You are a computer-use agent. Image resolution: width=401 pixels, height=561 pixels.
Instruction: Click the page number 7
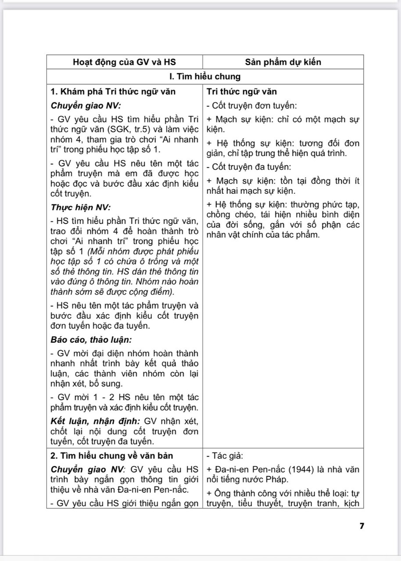point(362,526)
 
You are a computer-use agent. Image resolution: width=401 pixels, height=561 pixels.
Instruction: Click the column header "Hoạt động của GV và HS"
point(125,62)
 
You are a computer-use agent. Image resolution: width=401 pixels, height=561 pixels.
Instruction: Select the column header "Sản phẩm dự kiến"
point(283,62)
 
